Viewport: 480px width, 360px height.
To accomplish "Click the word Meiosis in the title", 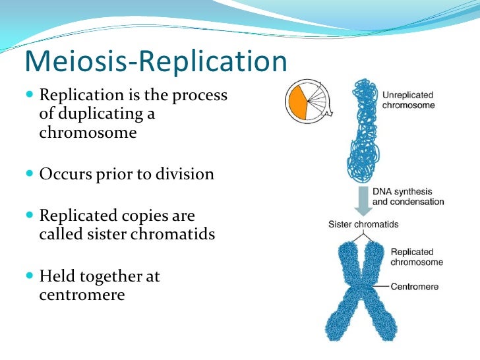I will point(73,62).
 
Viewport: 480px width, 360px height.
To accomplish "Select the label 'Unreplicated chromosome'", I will point(408,100).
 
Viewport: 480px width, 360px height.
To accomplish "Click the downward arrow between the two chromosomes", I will point(361,200).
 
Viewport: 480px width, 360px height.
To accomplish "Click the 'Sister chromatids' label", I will point(363,224).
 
